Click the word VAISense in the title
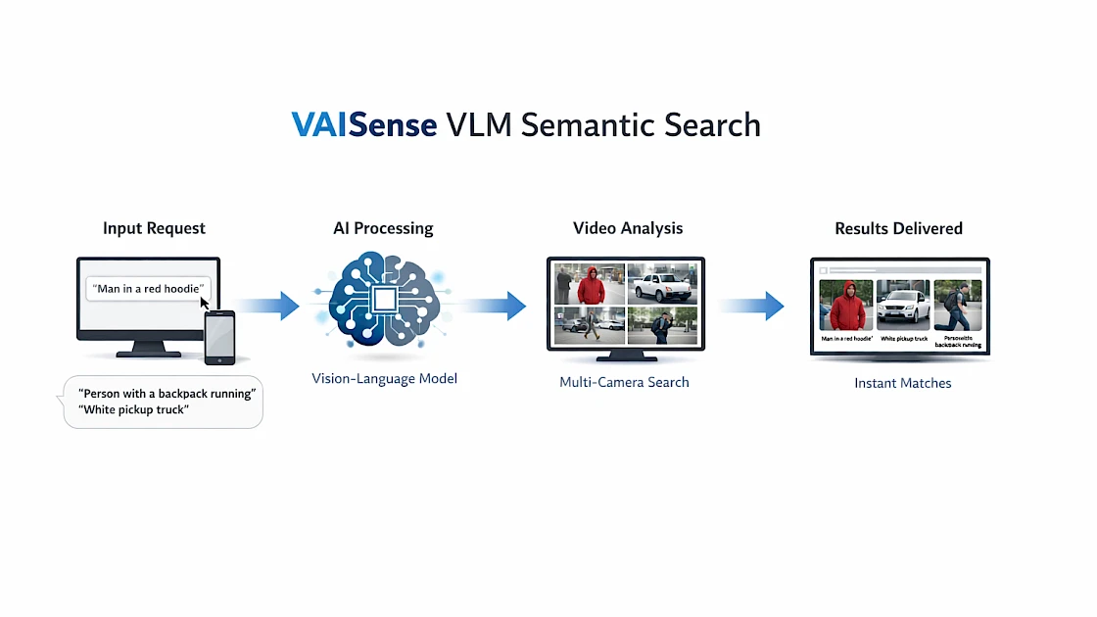coord(363,125)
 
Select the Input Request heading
coord(154,228)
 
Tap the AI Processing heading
coord(383,228)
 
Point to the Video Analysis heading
coord(628,228)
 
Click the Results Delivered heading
coord(898,228)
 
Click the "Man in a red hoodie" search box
coord(149,289)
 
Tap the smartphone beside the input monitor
coord(219,337)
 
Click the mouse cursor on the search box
coord(206,303)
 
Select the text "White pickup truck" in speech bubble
coord(133,409)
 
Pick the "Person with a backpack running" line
coord(167,394)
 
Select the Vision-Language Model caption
coord(384,378)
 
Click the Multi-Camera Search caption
coord(624,382)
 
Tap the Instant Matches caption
coord(902,383)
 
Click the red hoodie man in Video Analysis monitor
coord(591,285)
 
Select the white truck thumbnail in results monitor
coord(902,306)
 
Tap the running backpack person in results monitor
coord(957,306)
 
